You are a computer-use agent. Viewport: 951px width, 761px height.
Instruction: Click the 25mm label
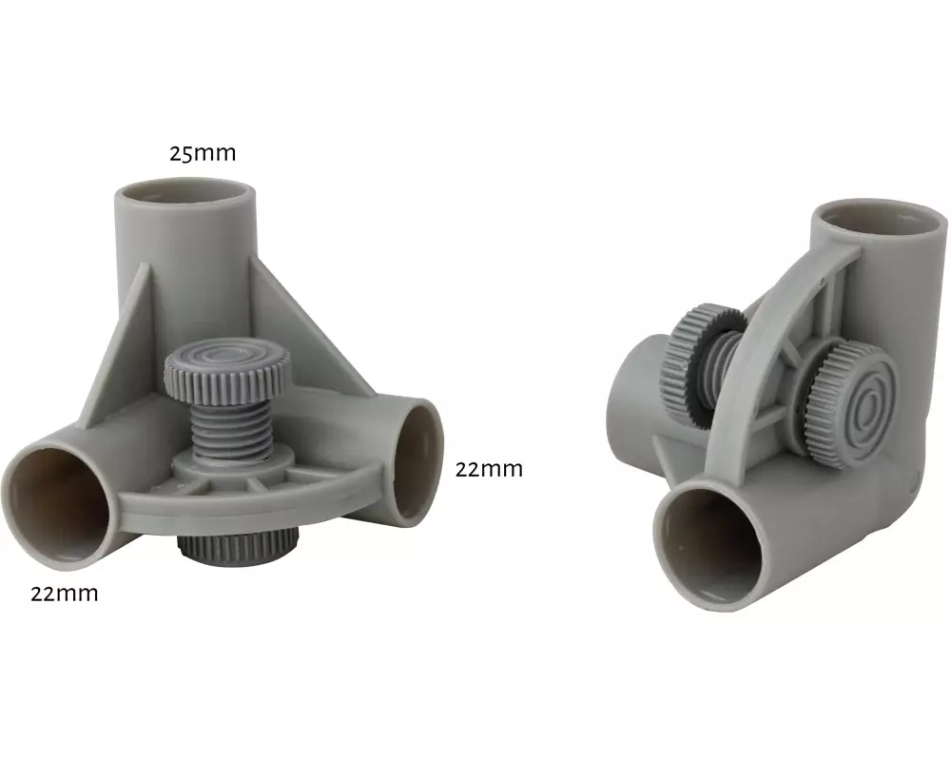click(202, 153)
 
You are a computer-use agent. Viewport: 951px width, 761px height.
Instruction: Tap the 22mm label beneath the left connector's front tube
click(65, 593)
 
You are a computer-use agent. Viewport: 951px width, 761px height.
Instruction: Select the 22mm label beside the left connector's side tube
click(489, 469)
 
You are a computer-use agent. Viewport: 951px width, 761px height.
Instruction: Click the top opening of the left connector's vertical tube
click(185, 193)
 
